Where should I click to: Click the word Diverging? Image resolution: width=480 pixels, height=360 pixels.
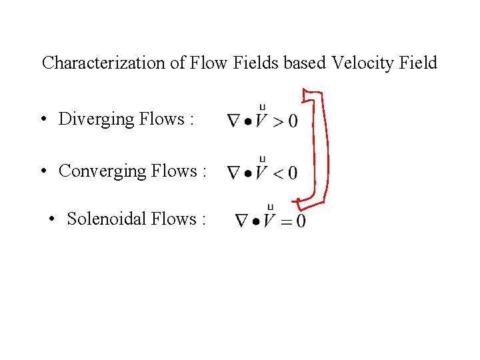pyautogui.click(x=96, y=119)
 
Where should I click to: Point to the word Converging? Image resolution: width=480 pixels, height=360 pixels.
pyautogui.click(x=103, y=171)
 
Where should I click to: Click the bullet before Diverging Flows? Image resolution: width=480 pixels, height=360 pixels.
pyautogui.click(x=42, y=120)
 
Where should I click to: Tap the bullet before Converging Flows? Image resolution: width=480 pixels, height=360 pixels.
pyautogui.click(x=42, y=172)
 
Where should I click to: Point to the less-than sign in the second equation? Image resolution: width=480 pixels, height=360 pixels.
pyautogui.click(x=277, y=173)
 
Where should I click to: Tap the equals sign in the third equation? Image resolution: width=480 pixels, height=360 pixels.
pyautogui.click(x=285, y=221)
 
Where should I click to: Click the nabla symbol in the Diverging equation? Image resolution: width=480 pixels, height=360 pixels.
pyautogui.click(x=234, y=121)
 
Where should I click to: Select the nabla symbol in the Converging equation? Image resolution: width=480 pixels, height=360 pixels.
pyautogui.click(x=234, y=173)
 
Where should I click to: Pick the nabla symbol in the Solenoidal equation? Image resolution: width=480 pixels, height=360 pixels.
pyautogui.click(x=242, y=221)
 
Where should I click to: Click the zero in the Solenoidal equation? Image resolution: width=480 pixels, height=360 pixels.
pyautogui.click(x=301, y=221)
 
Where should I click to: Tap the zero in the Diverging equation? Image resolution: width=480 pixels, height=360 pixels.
pyautogui.click(x=292, y=121)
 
